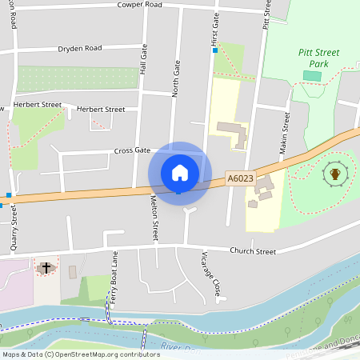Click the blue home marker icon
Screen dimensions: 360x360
pyautogui.click(x=180, y=173)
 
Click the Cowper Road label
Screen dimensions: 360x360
pyautogui.click(x=139, y=5)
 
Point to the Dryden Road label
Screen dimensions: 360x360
pyautogui.click(x=80, y=48)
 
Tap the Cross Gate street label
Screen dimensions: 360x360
pyautogui.click(x=132, y=150)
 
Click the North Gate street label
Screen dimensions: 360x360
pyautogui.click(x=177, y=81)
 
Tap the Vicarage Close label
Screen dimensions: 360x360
pyautogui.click(x=210, y=276)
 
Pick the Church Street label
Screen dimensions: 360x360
pyautogui.click(x=253, y=251)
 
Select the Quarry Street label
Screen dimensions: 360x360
pyautogui.click(x=14, y=227)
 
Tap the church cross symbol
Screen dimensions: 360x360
pyautogui.click(x=46, y=266)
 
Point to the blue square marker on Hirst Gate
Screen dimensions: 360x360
pyautogui.click(x=215, y=51)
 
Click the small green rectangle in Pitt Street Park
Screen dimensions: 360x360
pyautogui.click(x=312, y=76)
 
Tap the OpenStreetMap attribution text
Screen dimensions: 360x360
pyautogui.click(x=81, y=354)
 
